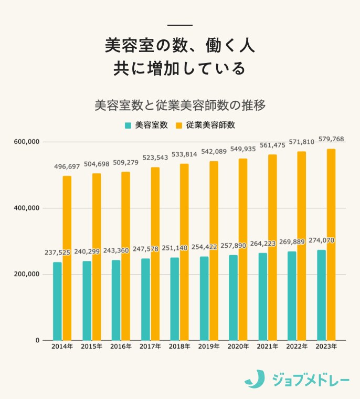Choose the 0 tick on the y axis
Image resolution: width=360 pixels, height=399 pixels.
coord(37,340)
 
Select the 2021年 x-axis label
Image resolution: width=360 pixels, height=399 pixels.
coord(267,347)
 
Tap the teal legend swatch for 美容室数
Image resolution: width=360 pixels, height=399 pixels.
coord(128,125)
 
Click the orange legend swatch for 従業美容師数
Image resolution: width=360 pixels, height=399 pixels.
coord(179,125)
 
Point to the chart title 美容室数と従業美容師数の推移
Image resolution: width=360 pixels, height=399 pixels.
coord(180,105)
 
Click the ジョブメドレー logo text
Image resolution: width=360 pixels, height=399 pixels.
coord(311,379)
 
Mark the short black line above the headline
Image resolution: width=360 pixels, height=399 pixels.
coord(180,25)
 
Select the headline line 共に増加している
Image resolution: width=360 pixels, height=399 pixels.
coord(180,68)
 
